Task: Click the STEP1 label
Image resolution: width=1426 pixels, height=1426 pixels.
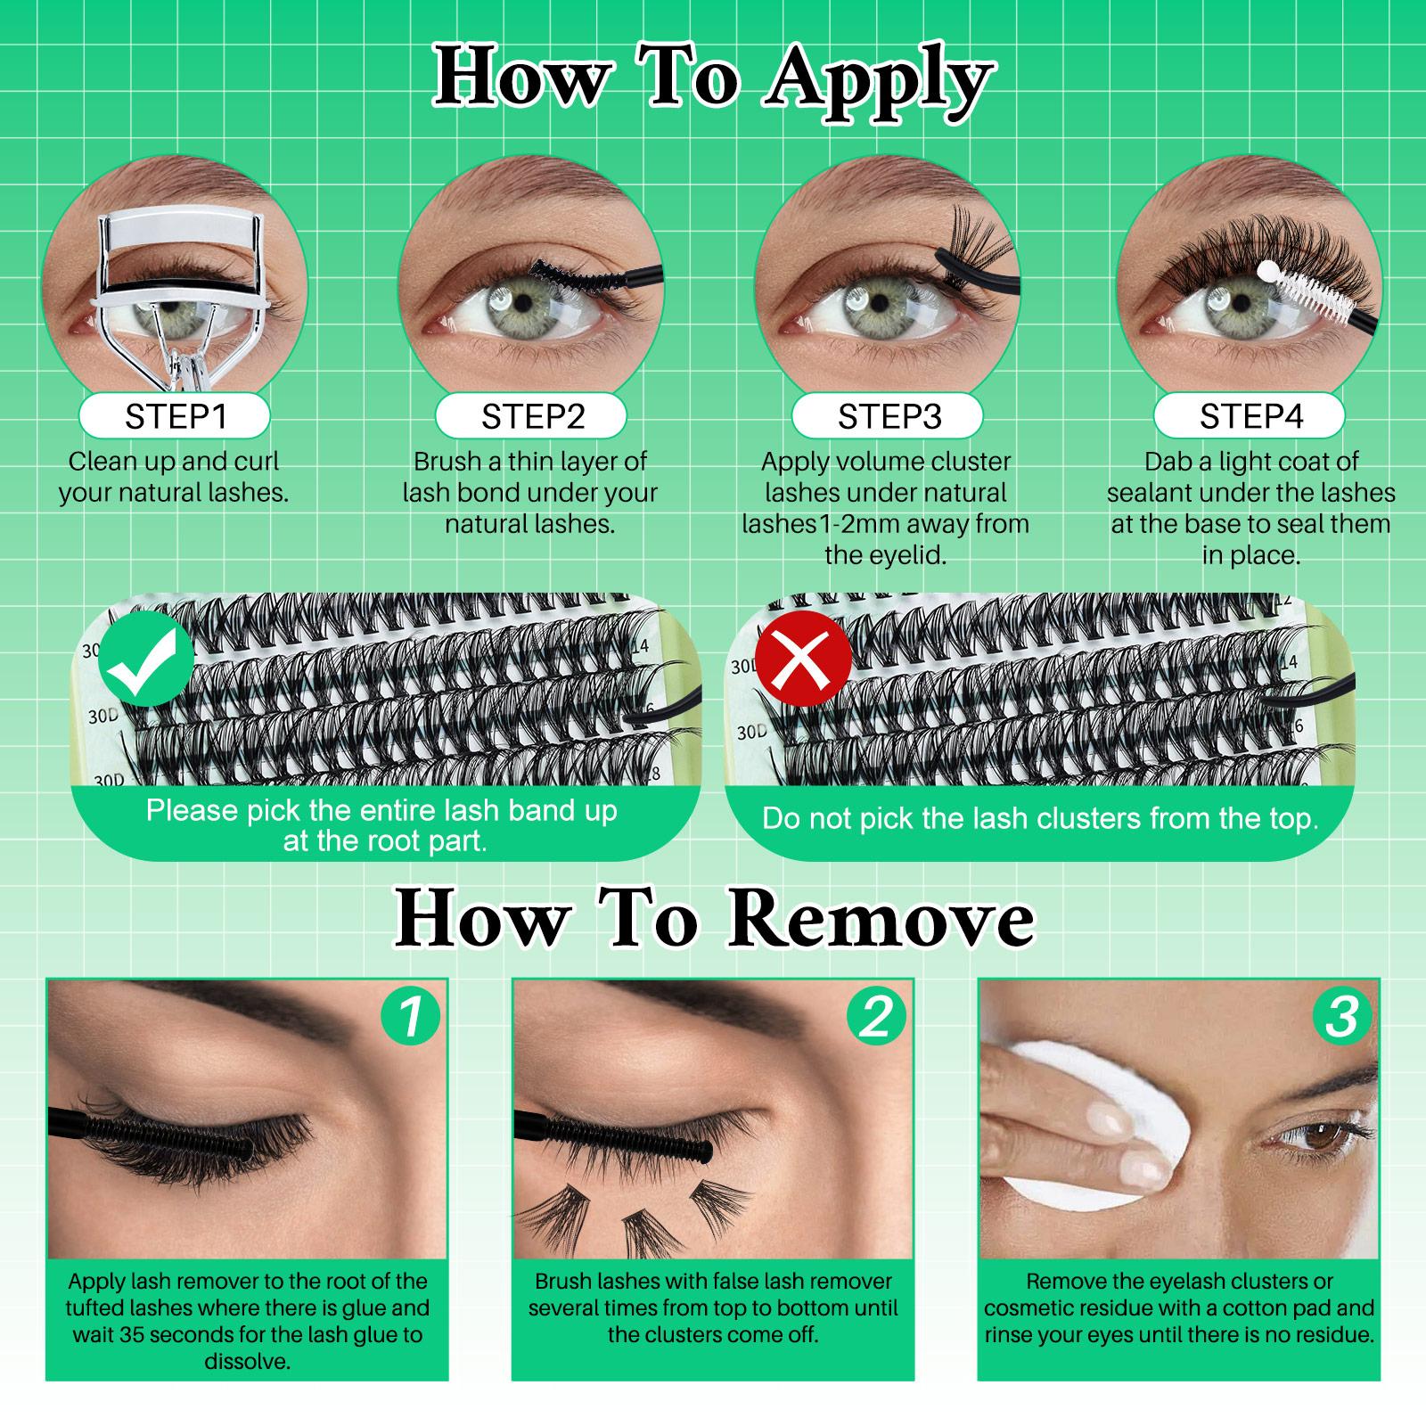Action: click(x=175, y=417)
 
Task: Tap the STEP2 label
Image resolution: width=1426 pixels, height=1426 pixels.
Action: click(x=532, y=417)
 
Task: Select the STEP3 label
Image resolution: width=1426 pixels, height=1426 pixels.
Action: click(x=889, y=417)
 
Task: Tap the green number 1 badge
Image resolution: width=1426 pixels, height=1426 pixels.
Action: click(x=410, y=1017)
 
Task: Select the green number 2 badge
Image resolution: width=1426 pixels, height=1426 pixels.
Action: click(x=876, y=1017)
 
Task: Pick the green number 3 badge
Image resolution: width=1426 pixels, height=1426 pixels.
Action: click(x=1342, y=1017)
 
